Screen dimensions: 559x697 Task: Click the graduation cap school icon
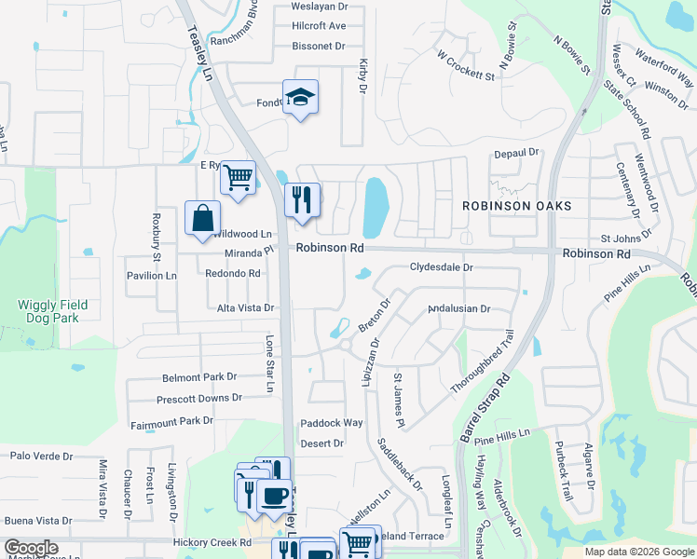[x=300, y=97]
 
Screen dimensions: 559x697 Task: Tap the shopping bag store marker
[x=202, y=220]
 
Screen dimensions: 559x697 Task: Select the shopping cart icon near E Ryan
[x=238, y=176]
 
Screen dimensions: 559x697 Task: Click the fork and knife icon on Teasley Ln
[x=302, y=199]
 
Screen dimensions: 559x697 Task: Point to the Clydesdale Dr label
[x=442, y=267]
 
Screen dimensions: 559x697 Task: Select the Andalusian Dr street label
[x=458, y=309]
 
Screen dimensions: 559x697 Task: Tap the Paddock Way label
[x=331, y=423]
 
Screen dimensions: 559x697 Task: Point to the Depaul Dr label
[x=517, y=152]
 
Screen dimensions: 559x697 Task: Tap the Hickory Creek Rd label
[x=212, y=542]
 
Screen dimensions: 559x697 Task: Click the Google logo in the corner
[x=31, y=548]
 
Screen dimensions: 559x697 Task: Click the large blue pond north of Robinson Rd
[x=376, y=207]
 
